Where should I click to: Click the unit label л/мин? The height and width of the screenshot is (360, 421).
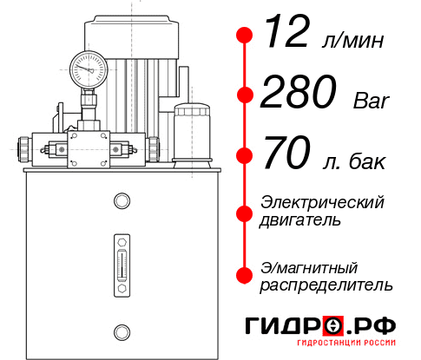[353, 41]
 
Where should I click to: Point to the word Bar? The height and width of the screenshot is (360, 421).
[372, 101]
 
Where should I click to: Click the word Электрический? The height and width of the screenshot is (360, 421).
[322, 202]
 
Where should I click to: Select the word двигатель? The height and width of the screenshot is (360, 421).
[300, 220]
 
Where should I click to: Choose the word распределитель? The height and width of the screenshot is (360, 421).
[326, 285]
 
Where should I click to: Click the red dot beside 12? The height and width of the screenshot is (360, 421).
[245, 36]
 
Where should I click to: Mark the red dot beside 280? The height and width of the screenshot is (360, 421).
[245, 96]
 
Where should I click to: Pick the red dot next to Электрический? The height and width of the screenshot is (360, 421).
[245, 212]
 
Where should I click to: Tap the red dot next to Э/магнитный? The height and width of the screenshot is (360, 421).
[245, 275]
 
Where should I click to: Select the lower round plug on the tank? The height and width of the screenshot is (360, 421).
[121, 331]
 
